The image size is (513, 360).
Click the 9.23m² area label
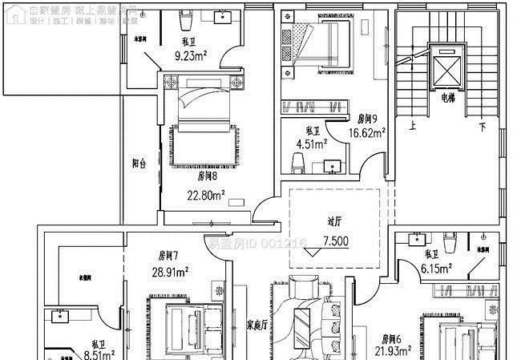[192, 55]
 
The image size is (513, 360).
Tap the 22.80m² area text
[206, 193]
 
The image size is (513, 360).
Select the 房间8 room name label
[208, 176]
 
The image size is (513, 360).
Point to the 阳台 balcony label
[139, 164]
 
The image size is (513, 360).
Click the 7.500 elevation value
[335, 241]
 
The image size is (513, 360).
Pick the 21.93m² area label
[395, 351]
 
